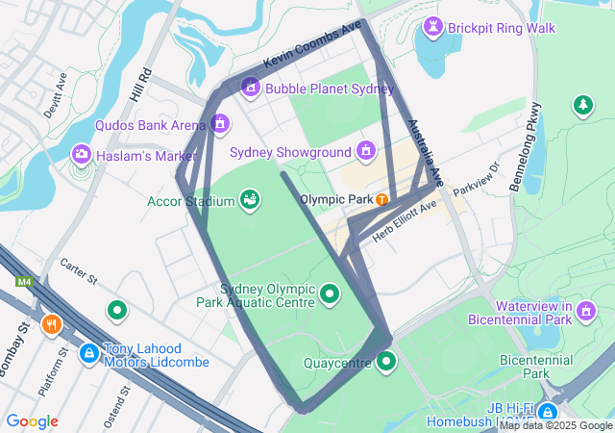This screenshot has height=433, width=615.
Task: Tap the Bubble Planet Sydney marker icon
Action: click(x=251, y=89)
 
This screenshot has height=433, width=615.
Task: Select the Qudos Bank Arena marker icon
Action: click(x=220, y=124)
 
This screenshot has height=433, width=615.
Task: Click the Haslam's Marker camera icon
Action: click(x=81, y=154)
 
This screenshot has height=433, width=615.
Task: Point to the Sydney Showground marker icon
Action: click(x=365, y=150)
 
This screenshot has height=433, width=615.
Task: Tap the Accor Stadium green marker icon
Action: click(x=250, y=200)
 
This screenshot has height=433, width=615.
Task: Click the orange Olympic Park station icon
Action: click(x=382, y=199)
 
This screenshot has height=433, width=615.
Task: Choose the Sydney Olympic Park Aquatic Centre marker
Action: click(x=330, y=293)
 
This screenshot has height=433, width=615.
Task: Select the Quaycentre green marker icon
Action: click(x=386, y=362)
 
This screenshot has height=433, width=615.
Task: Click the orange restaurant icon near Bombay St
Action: click(x=52, y=324)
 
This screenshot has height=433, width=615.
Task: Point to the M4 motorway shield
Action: click(x=23, y=282)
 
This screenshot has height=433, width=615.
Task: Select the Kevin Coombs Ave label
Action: click(x=312, y=44)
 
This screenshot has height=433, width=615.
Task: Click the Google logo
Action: click(x=33, y=421)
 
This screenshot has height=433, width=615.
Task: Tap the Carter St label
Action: click(x=80, y=271)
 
